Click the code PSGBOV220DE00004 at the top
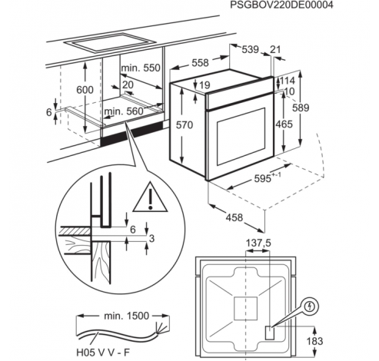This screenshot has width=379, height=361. (x=281, y=5)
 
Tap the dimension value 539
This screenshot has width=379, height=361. (x=251, y=49)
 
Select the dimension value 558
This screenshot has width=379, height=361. (x=200, y=63)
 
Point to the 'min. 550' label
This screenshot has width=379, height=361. (x=141, y=68)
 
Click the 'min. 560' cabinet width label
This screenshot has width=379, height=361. (x=123, y=111)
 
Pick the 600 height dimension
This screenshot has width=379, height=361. (x=85, y=90)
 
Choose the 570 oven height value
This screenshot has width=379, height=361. (x=185, y=125)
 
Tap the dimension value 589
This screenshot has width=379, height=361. (x=301, y=108)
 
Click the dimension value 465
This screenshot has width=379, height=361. (x=284, y=124)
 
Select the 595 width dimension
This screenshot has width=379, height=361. (x=263, y=178)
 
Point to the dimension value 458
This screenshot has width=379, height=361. (x=234, y=217)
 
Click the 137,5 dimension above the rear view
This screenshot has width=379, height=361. (x=258, y=243)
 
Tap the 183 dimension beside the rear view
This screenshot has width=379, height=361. (x=314, y=341)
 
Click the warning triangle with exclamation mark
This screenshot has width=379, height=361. (x=150, y=197)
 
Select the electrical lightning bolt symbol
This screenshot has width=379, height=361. (x=311, y=306)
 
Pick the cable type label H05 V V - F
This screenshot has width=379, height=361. (x=103, y=353)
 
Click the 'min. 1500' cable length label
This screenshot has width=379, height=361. (x=126, y=316)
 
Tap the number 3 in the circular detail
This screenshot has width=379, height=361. (x=151, y=238)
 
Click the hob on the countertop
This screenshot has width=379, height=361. (x=110, y=43)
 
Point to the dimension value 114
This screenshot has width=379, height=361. (x=288, y=81)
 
